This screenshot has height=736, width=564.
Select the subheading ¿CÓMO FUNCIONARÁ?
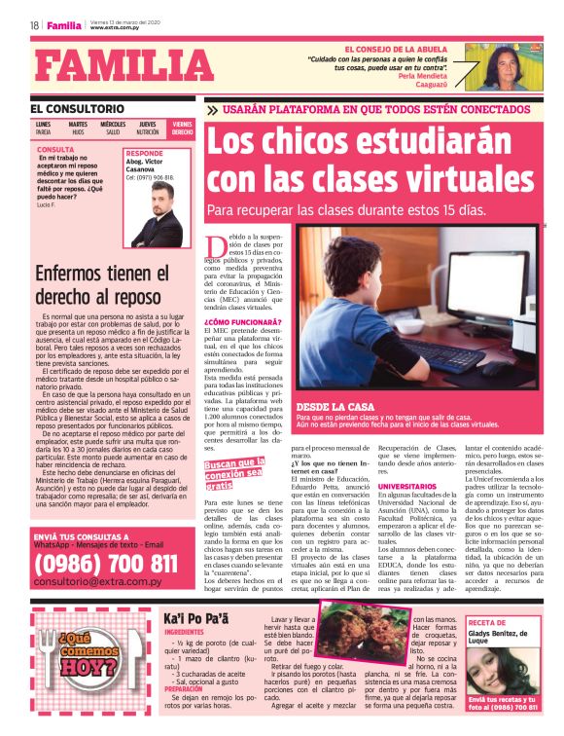tap(243, 321)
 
